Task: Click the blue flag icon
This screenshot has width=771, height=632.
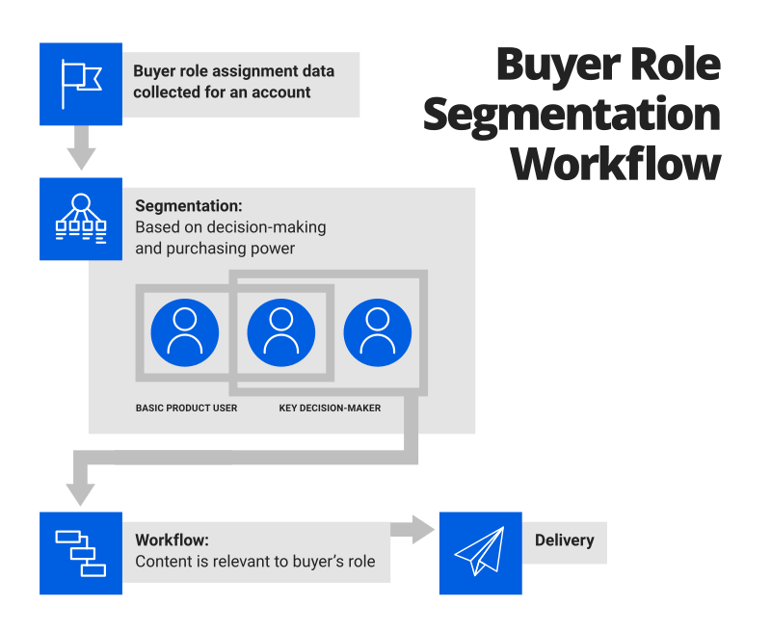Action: click(x=81, y=84)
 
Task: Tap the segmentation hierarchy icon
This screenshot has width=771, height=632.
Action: click(x=81, y=219)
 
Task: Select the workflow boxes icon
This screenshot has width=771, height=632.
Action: click(x=81, y=553)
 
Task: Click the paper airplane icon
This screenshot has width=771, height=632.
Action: click(x=480, y=553)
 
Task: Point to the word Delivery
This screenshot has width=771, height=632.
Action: click(x=564, y=540)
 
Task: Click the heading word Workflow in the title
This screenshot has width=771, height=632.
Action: click(x=616, y=163)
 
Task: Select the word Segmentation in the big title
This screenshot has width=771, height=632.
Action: click(x=572, y=114)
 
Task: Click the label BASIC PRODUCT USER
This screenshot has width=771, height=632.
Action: click(x=186, y=408)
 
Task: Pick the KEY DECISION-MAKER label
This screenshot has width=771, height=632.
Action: click(x=330, y=408)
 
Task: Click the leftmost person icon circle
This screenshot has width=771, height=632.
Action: click(x=185, y=333)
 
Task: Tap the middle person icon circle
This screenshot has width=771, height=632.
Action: click(x=281, y=333)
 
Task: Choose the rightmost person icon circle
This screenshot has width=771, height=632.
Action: click(x=378, y=333)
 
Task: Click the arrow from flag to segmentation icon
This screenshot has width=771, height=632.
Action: click(x=81, y=149)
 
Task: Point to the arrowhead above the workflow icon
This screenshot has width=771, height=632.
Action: click(x=81, y=492)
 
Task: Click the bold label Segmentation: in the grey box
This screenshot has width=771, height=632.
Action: click(x=189, y=206)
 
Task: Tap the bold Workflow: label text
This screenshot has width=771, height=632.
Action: click(x=172, y=540)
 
